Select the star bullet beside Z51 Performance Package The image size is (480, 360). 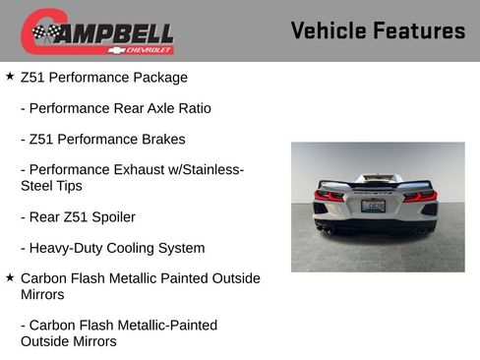point(10,76)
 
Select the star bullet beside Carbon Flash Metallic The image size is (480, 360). point(10,278)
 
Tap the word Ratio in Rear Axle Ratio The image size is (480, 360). point(193,108)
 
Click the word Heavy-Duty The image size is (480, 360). point(63,248)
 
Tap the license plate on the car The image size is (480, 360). point(374,207)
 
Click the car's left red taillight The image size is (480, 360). point(330,195)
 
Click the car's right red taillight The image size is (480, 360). point(420,195)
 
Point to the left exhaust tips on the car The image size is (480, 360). point(325,228)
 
